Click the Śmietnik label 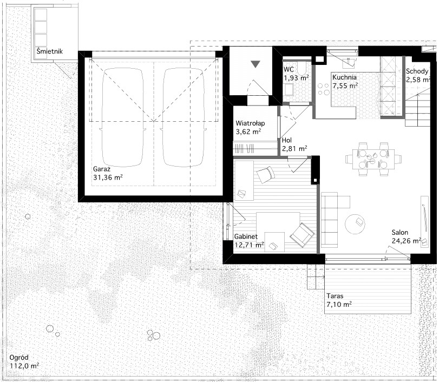tap(50, 51)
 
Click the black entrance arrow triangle tap(255, 64)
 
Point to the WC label tap(289, 69)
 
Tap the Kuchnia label tap(344, 77)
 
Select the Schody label tap(417, 71)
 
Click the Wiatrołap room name tap(250, 123)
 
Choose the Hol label tap(287, 140)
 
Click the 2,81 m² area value tap(294, 148)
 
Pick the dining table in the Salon tap(373, 159)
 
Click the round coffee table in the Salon tap(355, 224)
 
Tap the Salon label tap(400, 232)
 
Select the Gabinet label tap(246, 237)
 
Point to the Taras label tap(335, 296)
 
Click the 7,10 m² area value tap(339, 304)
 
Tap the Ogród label tap(19, 358)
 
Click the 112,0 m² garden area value tap(24, 365)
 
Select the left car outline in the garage tap(123, 117)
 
